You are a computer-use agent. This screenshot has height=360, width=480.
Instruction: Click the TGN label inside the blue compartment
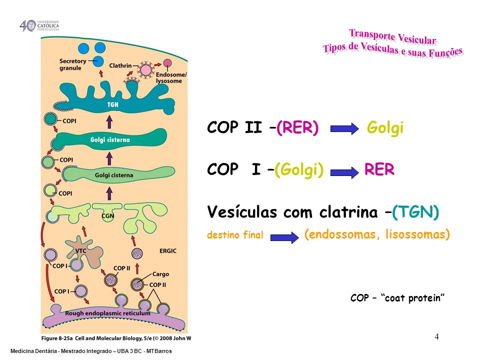point(112,105)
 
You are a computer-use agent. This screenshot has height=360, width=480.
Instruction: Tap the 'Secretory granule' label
point(73,64)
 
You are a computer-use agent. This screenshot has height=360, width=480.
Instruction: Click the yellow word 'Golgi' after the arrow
point(385,128)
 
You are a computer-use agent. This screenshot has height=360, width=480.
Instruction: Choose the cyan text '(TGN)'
point(415,213)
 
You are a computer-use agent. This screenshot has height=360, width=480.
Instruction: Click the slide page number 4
point(436,336)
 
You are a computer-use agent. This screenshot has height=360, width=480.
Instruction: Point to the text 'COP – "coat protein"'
point(397,298)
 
